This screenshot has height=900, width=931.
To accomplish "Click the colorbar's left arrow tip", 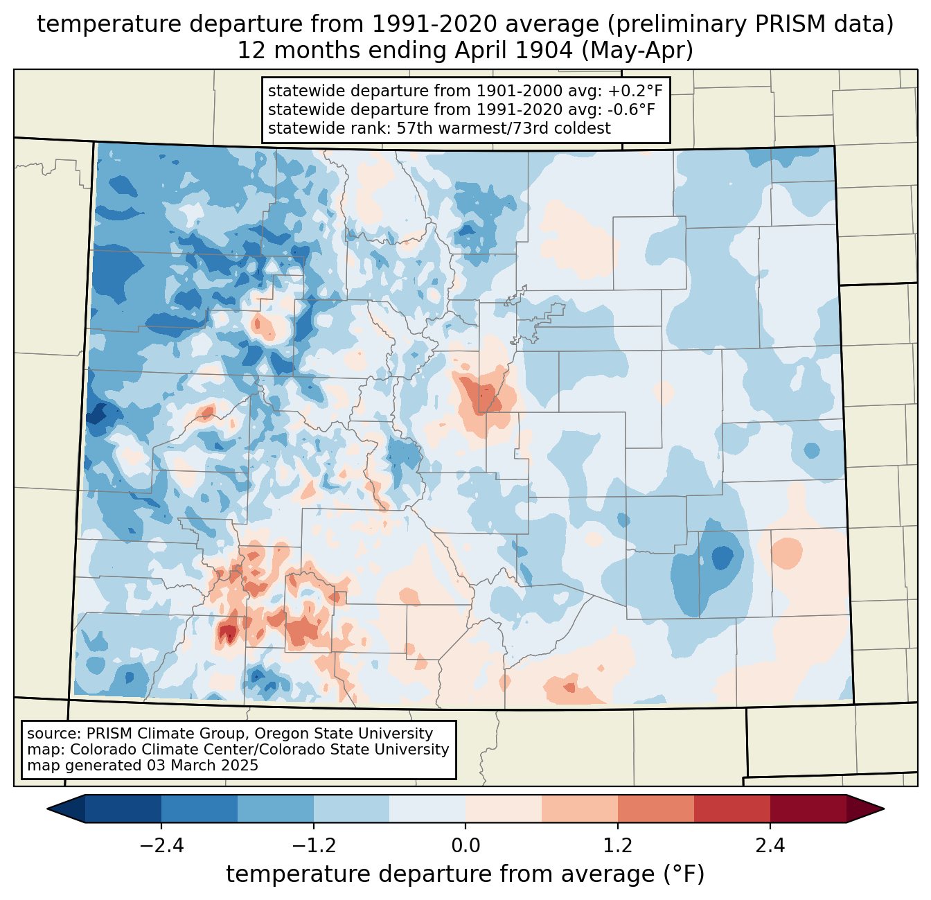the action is (47, 809).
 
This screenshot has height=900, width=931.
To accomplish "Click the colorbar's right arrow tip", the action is (884, 809).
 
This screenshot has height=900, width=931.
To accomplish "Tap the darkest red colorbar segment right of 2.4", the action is (808, 809).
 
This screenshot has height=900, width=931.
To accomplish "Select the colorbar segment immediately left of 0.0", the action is (427, 809).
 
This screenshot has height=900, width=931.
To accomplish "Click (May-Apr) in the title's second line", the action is (637, 51).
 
